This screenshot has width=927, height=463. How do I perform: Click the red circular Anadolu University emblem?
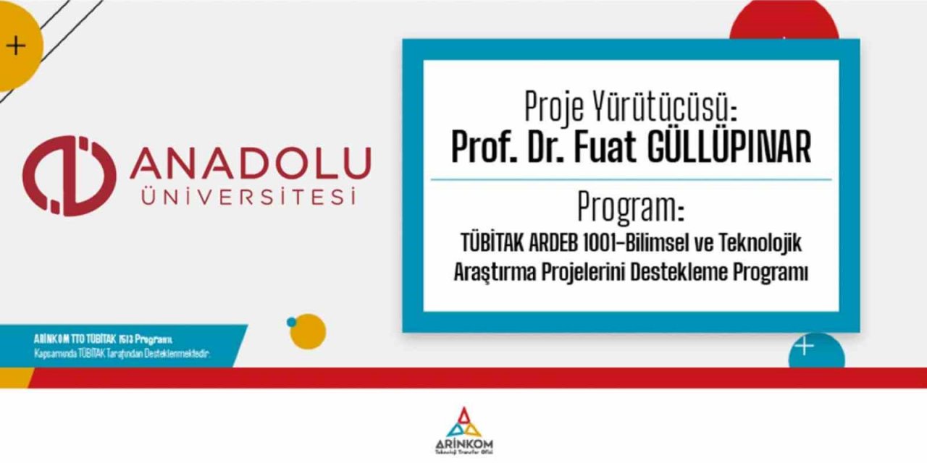pos(68,175)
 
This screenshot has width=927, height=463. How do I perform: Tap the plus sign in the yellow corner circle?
pos(15,46)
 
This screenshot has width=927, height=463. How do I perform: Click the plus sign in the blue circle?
pos(804,347)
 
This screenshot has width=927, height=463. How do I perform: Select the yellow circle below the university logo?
pos(308,331)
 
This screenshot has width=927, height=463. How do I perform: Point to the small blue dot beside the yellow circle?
pos(291,322)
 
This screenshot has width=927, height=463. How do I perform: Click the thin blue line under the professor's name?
pos(631,179)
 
